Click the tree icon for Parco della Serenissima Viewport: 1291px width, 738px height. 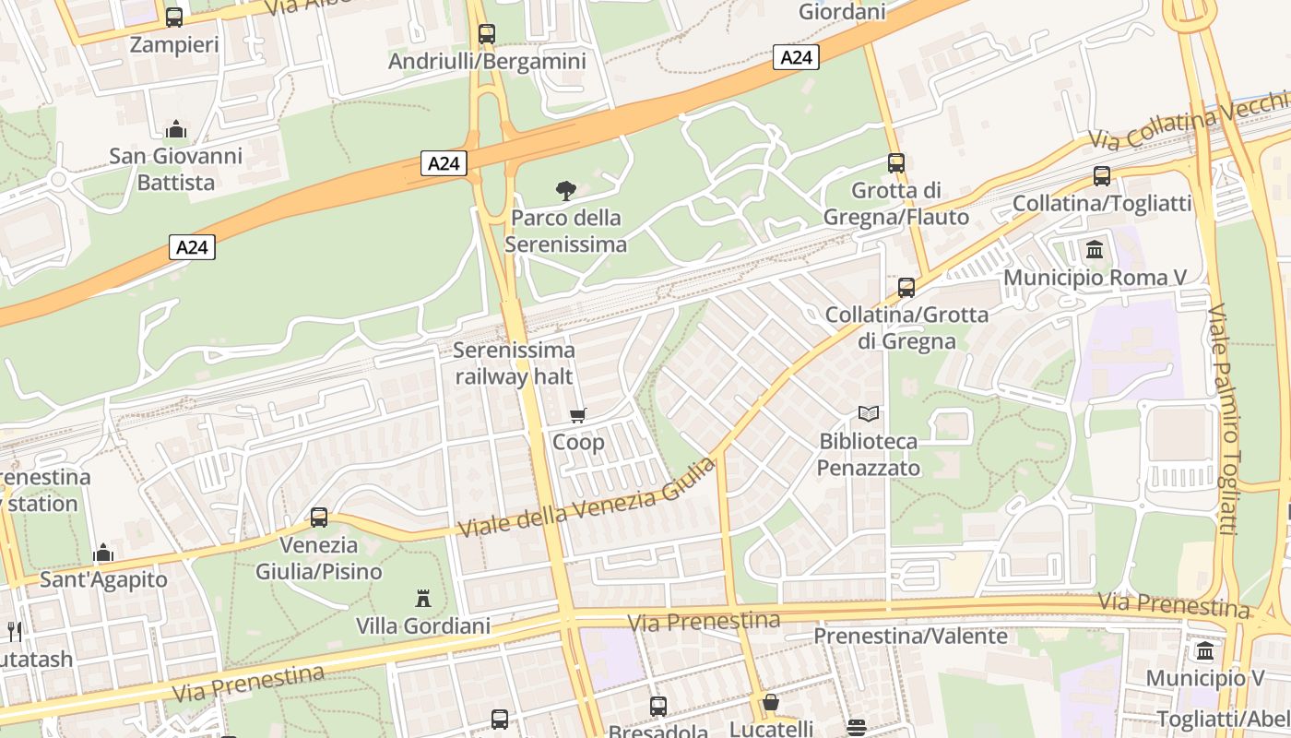[566, 191]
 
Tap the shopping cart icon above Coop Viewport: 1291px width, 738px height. [578, 415]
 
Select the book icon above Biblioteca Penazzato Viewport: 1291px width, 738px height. [869, 413]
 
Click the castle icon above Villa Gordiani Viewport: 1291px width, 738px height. [423, 598]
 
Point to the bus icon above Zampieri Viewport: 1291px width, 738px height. [174, 17]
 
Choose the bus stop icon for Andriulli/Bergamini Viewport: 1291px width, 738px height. [487, 34]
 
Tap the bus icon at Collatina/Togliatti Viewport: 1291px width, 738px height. [1102, 176]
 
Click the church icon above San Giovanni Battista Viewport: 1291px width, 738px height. [176, 128]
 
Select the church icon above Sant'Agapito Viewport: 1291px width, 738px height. [103, 553]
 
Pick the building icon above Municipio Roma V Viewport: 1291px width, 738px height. [1095, 249]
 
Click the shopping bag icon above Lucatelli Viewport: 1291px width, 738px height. [771, 703]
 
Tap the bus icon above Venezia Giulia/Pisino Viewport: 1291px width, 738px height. [319, 517]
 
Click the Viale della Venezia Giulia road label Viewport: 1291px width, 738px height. [586, 499]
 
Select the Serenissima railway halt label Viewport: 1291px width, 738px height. [515, 363]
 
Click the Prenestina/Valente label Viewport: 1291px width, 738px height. [910, 637]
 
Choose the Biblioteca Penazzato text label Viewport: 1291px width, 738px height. [869, 455]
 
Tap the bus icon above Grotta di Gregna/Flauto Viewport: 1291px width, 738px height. [896, 163]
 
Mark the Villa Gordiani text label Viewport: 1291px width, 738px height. [423, 626]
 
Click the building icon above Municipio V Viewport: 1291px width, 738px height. [1205, 651]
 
